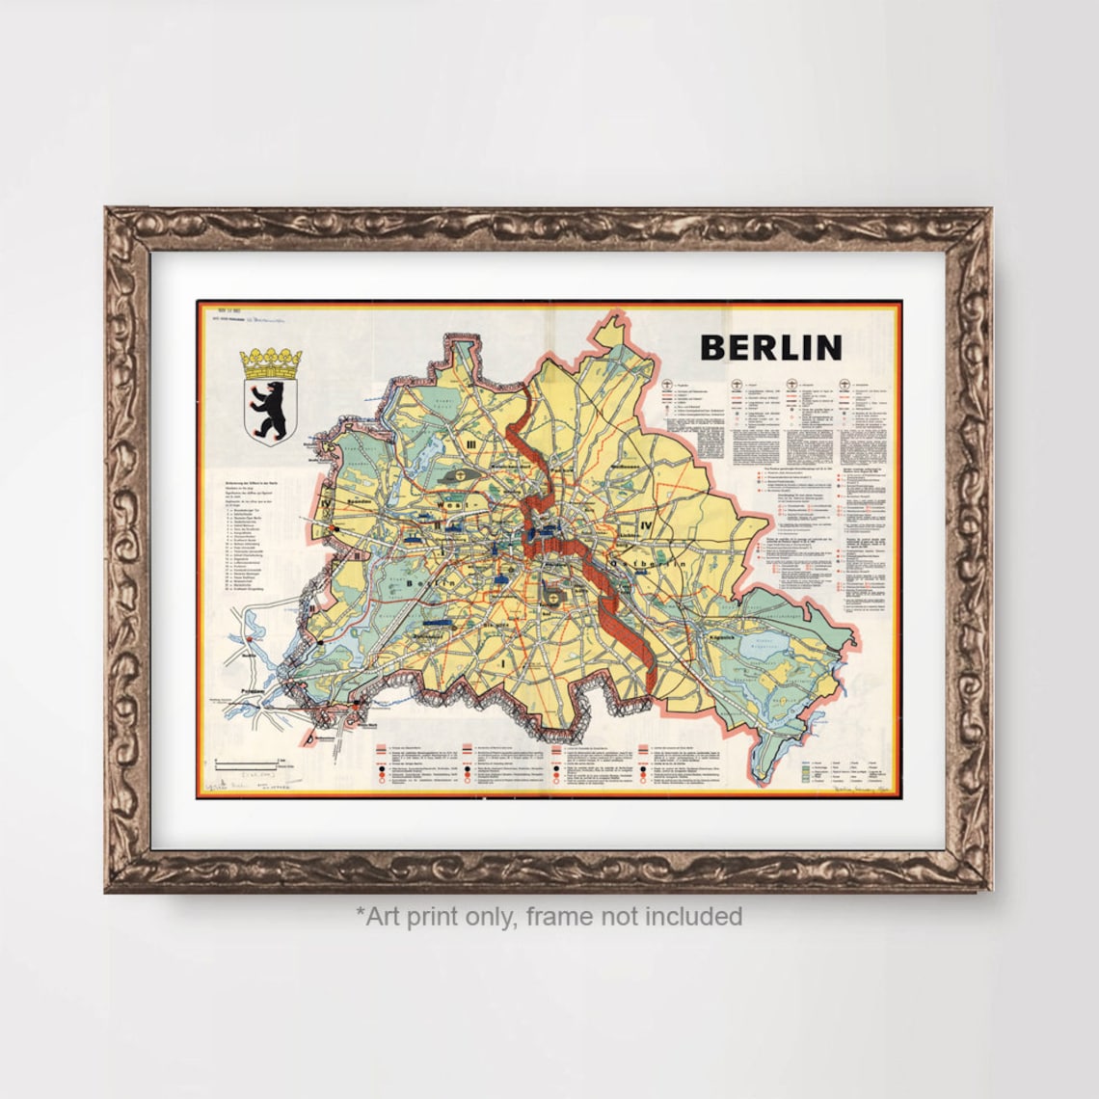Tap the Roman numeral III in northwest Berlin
coord(471,443)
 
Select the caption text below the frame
coord(549,916)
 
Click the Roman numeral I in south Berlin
coord(502,663)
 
